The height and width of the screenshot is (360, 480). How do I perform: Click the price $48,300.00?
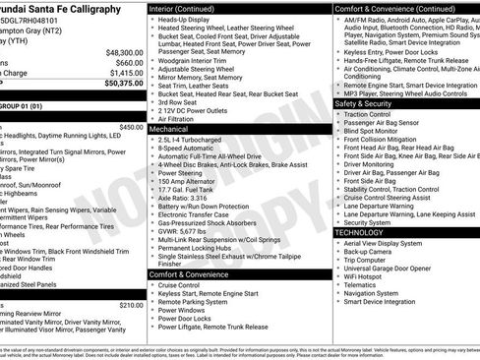[x=124, y=52]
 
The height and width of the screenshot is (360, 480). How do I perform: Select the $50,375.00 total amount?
[x=124, y=84]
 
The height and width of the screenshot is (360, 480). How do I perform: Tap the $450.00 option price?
[x=131, y=127]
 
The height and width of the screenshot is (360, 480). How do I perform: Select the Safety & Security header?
[x=363, y=102]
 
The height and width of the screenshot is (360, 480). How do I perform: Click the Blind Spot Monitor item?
[x=378, y=130]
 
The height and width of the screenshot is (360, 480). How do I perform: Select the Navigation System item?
[x=373, y=292]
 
